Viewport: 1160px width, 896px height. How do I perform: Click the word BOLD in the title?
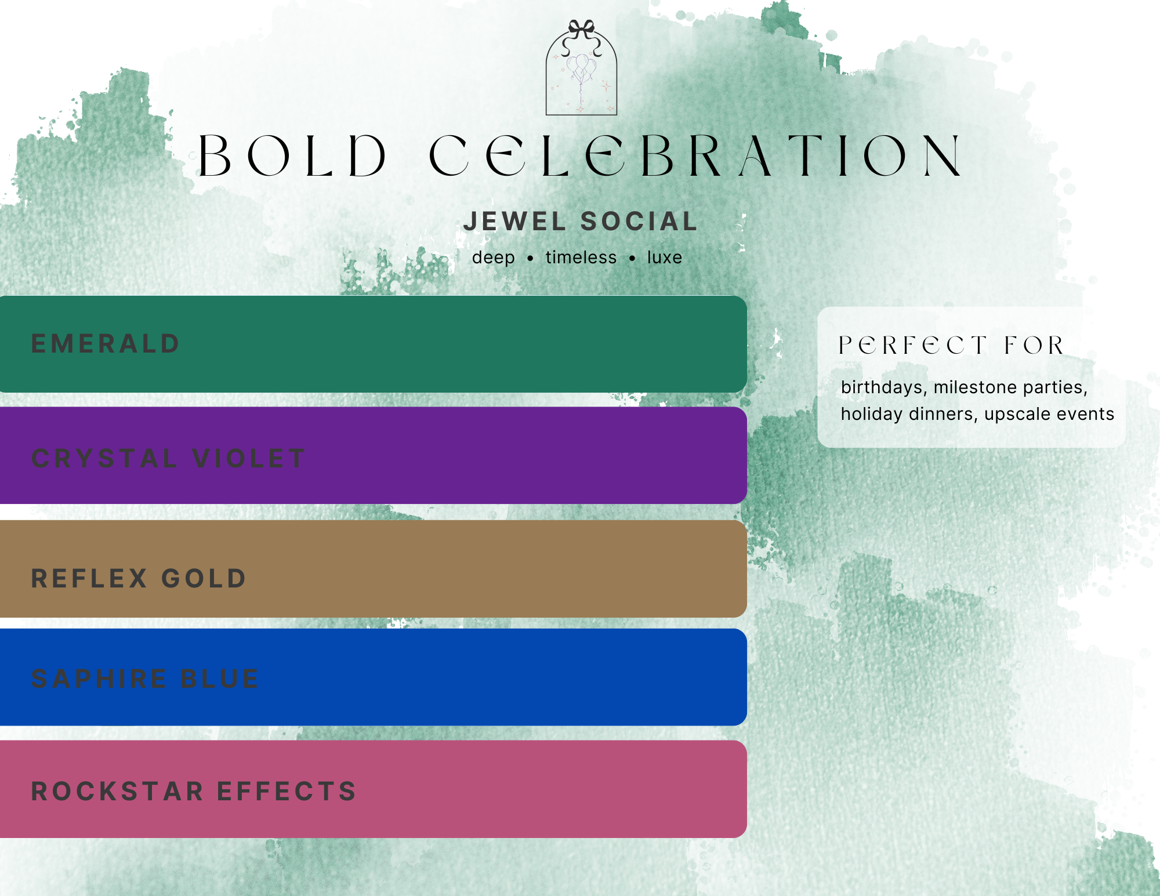coord(292,155)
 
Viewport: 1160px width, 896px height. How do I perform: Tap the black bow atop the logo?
coord(581,29)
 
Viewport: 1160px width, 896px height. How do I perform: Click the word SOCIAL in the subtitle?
coord(639,222)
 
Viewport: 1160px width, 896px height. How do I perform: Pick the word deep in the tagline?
coord(493,257)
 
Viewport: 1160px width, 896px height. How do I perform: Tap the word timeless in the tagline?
coord(581,257)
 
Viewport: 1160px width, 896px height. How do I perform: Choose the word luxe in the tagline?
coord(665,257)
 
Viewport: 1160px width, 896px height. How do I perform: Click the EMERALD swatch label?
coord(106,344)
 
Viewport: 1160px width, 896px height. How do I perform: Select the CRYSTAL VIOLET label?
coord(168,459)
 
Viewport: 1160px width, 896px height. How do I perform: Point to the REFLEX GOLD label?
coord(139,579)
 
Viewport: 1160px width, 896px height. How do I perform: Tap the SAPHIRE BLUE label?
coord(145,679)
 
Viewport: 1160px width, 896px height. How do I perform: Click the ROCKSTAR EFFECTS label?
coord(194,792)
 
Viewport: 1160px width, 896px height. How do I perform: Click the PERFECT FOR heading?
coord(951,346)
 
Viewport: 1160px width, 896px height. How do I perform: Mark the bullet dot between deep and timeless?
coord(530,259)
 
